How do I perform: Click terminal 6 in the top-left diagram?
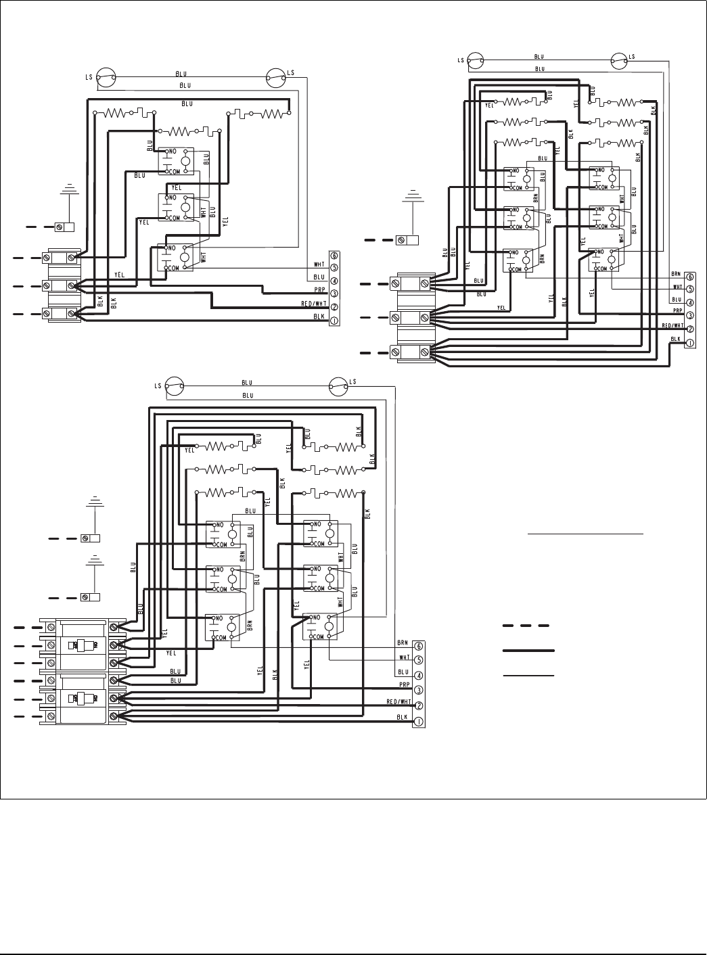(x=334, y=256)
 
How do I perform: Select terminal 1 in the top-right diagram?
(x=689, y=343)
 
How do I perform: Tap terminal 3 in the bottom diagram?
(x=419, y=691)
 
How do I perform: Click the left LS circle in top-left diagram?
(x=106, y=76)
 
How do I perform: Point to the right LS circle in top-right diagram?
(x=620, y=61)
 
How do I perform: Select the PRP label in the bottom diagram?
(x=403, y=684)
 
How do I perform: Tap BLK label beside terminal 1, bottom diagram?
(x=402, y=716)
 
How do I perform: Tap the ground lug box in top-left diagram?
(x=64, y=227)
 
